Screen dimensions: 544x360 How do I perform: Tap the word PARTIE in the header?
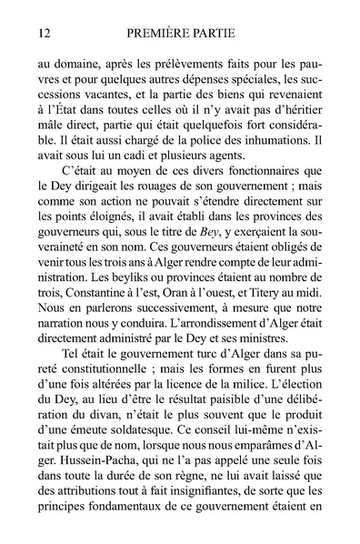(x=214, y=34)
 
